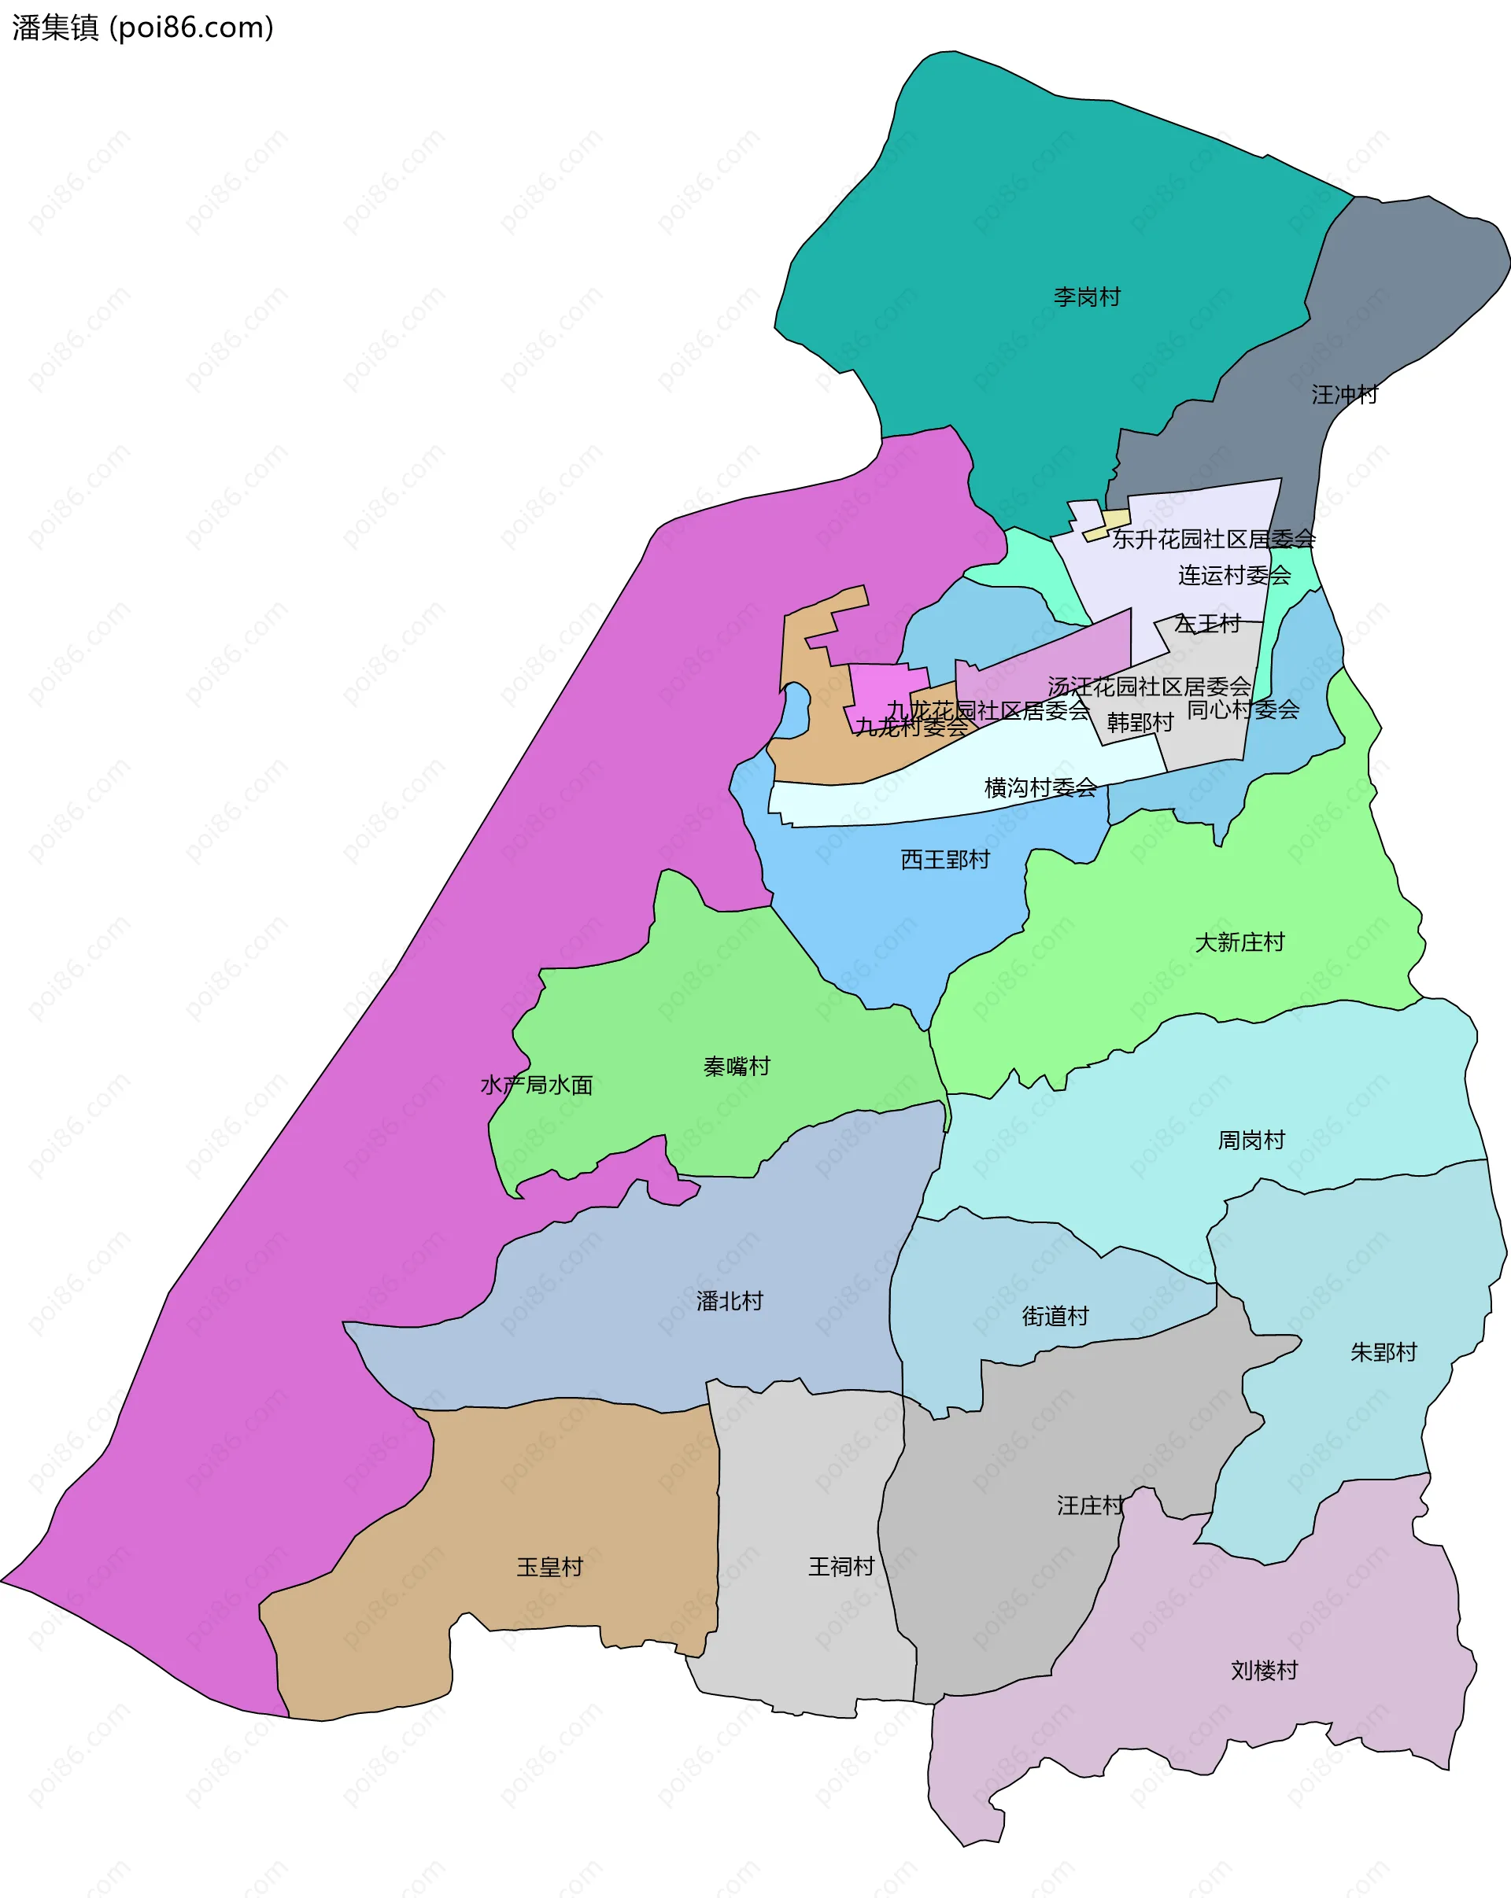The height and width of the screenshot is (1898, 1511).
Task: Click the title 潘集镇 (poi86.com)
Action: coord(142,28)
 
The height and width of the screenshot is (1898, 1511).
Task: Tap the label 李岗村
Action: coord(1087,297)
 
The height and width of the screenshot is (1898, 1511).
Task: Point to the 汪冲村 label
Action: coord(1343,394)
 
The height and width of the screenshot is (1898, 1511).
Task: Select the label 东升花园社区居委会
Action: coord(1213,539)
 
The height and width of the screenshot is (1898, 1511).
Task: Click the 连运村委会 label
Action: coord(1234,575)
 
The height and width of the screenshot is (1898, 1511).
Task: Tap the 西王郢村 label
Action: coord(945,859)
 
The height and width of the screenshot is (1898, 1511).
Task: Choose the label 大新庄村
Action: coord(1239,942)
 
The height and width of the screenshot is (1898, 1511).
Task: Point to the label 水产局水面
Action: coord(536,1085)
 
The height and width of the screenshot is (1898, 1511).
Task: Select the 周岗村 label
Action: coord(1251,1140)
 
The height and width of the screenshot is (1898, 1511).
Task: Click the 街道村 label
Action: coord(1055,1315)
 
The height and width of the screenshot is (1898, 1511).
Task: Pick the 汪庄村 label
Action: coord(1090,1505)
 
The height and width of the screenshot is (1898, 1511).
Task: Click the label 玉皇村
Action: coord(549,1566)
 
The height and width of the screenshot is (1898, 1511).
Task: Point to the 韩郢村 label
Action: coord(1140,722)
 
